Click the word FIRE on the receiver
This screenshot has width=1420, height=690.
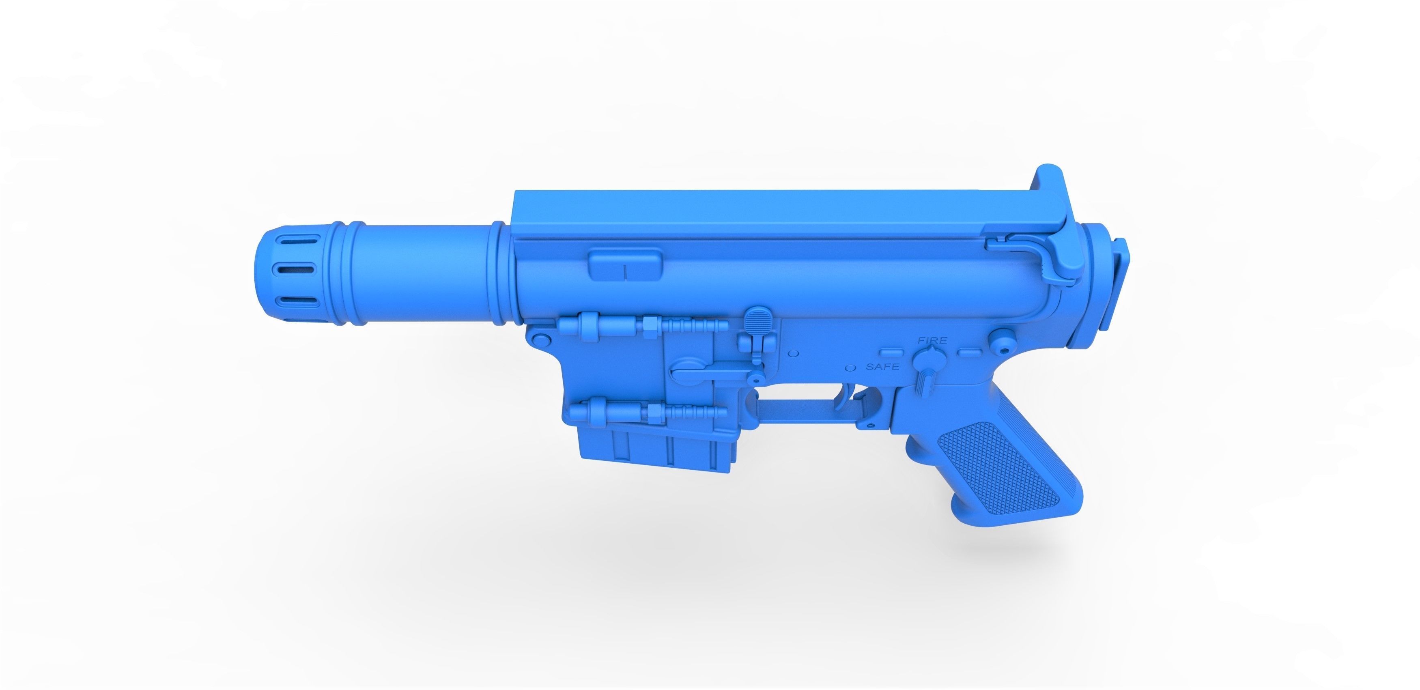pos(932,341)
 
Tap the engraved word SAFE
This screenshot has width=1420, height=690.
pos(882,366)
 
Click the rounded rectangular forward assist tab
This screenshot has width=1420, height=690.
pos(625,264)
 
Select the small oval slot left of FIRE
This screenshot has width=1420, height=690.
pos(891,351)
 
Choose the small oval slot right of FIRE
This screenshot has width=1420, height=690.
pos(971,351)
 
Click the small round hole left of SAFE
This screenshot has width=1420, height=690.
pos(850,366)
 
